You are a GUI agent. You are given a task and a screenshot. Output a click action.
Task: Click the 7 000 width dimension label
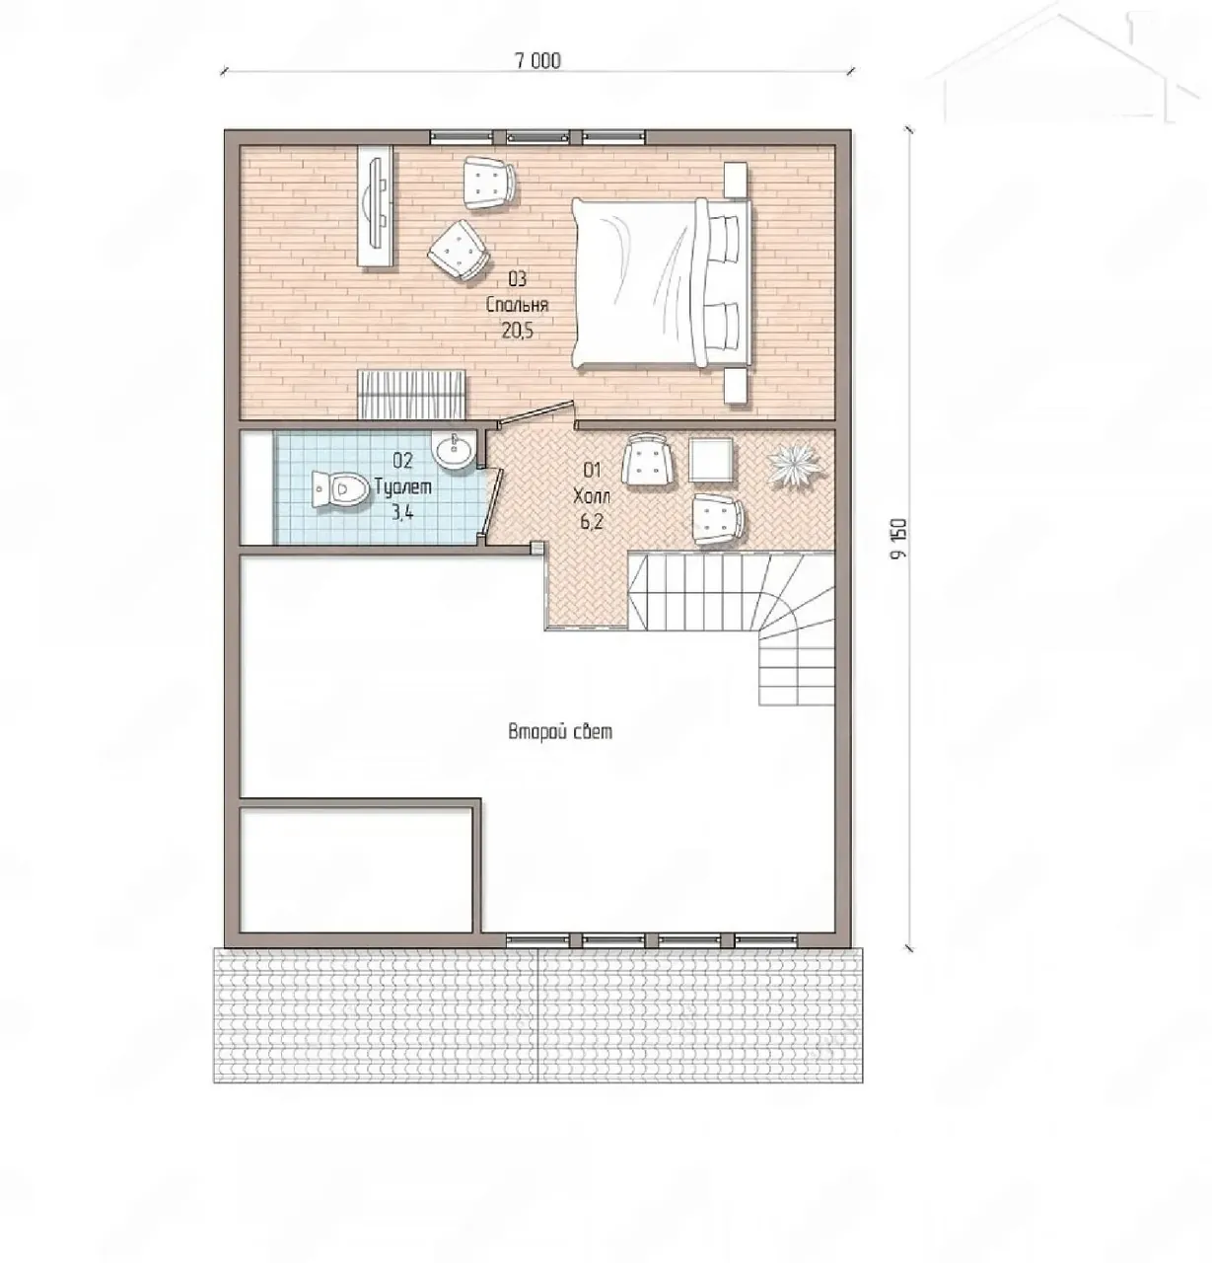(x=537, y=61)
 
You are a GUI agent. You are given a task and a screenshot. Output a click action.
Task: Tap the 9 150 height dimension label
(x=898, y=539)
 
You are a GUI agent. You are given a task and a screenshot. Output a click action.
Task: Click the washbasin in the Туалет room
(x=454, y=450)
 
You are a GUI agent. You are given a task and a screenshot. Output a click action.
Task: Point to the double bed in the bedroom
(x=661, y=283)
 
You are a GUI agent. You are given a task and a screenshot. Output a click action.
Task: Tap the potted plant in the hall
(x=795, y=463)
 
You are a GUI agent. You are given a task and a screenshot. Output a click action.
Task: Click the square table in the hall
(x=711, y=460)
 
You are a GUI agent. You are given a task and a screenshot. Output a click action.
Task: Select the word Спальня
(x=517, y=305)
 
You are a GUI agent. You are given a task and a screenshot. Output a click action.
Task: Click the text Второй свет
(x=560, y=732)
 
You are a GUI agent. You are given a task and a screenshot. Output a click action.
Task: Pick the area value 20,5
(x=517, y=331)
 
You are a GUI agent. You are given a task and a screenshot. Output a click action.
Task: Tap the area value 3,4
(x=402, y=512)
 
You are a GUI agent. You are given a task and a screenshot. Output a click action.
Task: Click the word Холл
(x=592, y=496)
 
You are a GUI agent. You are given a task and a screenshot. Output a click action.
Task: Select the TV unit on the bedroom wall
(x=377, y=205)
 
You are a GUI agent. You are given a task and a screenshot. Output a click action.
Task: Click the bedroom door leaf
(x=535, y=414)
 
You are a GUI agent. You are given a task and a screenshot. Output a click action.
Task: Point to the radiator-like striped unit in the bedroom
(x=412, y=395)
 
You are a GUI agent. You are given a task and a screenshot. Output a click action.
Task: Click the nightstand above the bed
(x=735, y=180)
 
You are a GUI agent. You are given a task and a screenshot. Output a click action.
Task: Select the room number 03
(x=517, y=279)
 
